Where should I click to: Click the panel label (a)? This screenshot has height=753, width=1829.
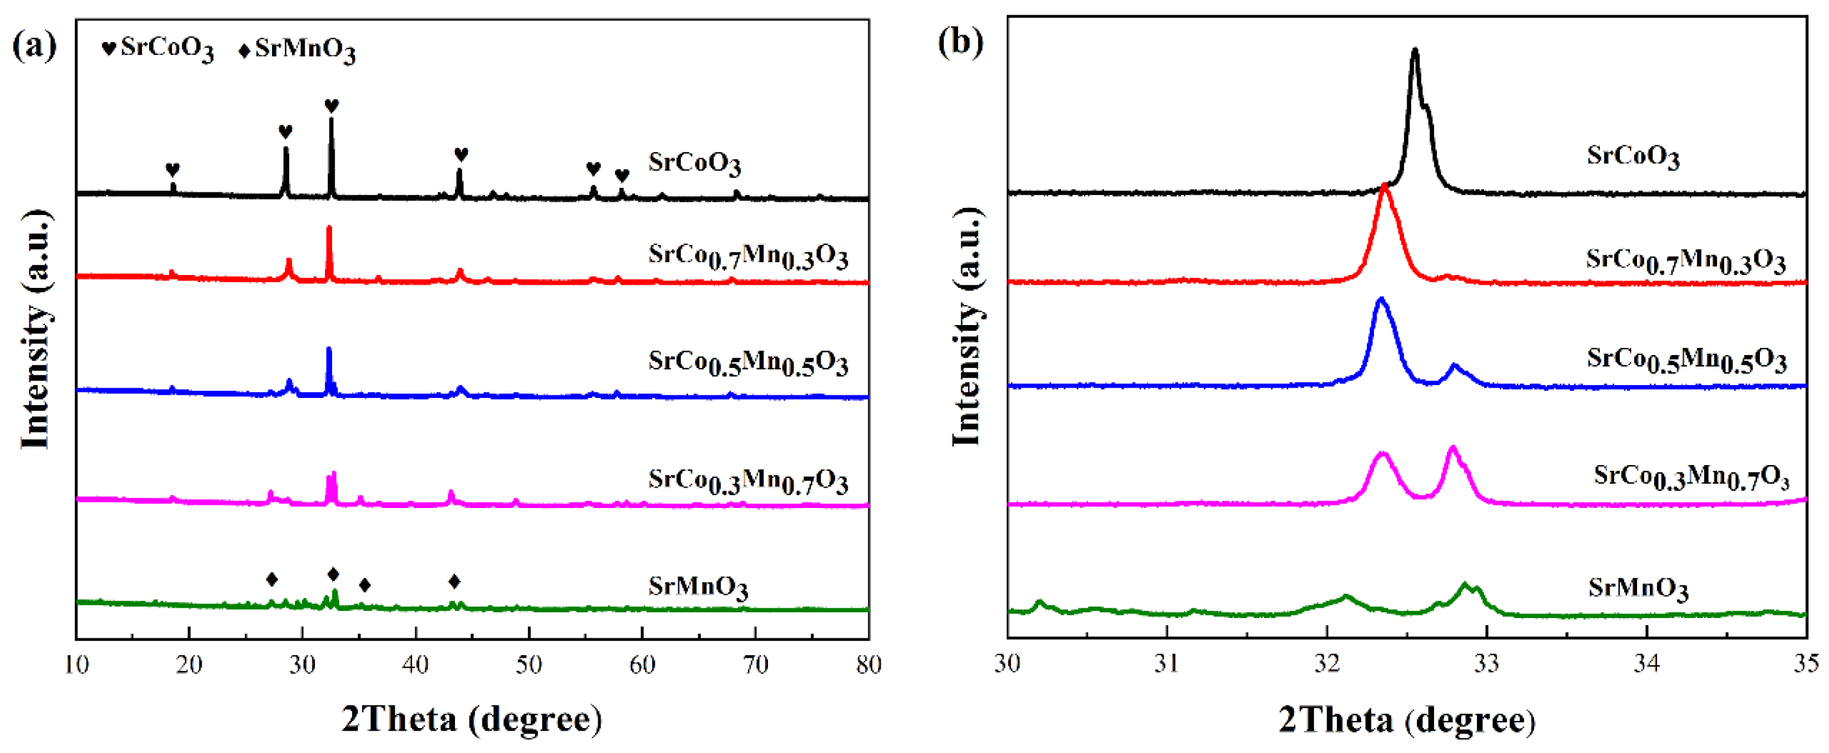pyautogui.click(x=34, y=47)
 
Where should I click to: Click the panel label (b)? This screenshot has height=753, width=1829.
pyautogui.click(x=960, y=43)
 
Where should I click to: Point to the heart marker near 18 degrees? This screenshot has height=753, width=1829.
pyautogui.click(x=173, y=170)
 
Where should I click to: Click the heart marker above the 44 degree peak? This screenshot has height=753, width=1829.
pyautogui.click(x=461, y=154)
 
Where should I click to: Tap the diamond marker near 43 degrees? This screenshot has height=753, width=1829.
pyautogui.click(x=454, y=582)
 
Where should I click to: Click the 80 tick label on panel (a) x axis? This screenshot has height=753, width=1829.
pyautogui.click(x=868, y=665)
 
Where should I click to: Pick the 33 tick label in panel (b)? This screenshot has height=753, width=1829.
pyautogui.click(x=1486, y=663)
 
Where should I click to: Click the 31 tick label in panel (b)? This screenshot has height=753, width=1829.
pyautogui.click(x=1167, y=663)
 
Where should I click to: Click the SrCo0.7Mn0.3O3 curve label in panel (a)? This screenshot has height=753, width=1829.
pyautogui.click(x=747, y=257)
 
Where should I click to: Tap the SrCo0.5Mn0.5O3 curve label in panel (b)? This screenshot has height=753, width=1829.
pyautogui.click(x=1686, y=361)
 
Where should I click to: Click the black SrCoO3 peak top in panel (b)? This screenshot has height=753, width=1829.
pyautogui.click(x=1414, y=51)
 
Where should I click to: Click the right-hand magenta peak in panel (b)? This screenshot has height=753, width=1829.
pyautogui.click(x=1452, y=448)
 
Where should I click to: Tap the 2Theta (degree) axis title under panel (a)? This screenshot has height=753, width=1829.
pyautogui.click(x=472, y=720)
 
